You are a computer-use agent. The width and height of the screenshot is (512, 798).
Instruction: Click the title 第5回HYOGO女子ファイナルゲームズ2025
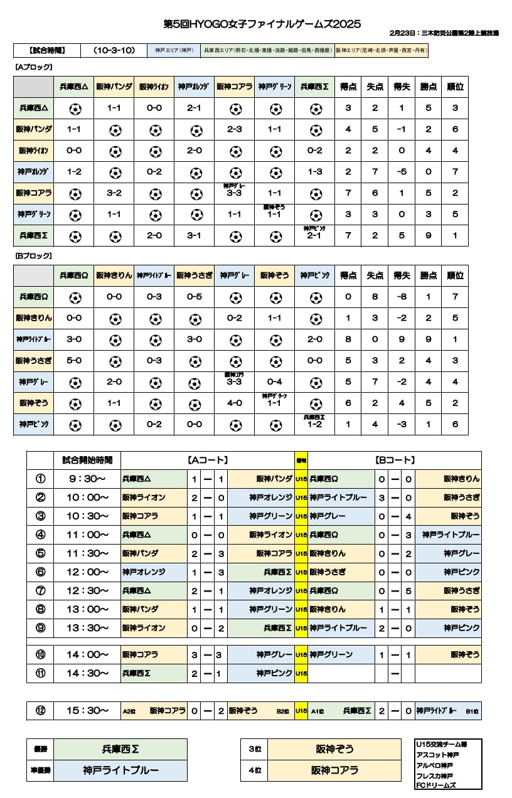coord(262,24)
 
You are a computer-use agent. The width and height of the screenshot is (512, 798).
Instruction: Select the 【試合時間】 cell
coord(47,50)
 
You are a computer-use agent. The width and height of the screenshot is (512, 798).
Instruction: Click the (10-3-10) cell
coord(114,50)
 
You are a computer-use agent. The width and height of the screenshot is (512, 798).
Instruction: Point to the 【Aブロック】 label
coord(33,67)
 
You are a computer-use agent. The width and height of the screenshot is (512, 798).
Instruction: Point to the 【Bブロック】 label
coord(33,256)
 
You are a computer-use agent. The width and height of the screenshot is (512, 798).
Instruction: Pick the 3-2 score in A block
coord(114,193)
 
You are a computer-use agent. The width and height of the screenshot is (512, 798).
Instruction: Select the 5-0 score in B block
coord(75,360)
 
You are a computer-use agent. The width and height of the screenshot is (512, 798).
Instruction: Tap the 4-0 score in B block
coord(235,403)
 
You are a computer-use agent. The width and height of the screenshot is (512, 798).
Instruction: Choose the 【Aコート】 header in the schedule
coord(208,460)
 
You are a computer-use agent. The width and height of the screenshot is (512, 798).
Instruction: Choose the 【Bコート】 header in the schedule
coord(395,460)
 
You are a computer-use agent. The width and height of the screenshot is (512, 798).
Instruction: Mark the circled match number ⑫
coord(41,711)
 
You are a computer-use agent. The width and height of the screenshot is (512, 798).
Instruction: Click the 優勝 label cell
coord(40,749)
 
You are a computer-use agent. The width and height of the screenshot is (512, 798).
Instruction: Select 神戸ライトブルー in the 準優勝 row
coord(120,770)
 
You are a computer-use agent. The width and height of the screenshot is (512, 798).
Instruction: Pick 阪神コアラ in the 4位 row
coord(334,770)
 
